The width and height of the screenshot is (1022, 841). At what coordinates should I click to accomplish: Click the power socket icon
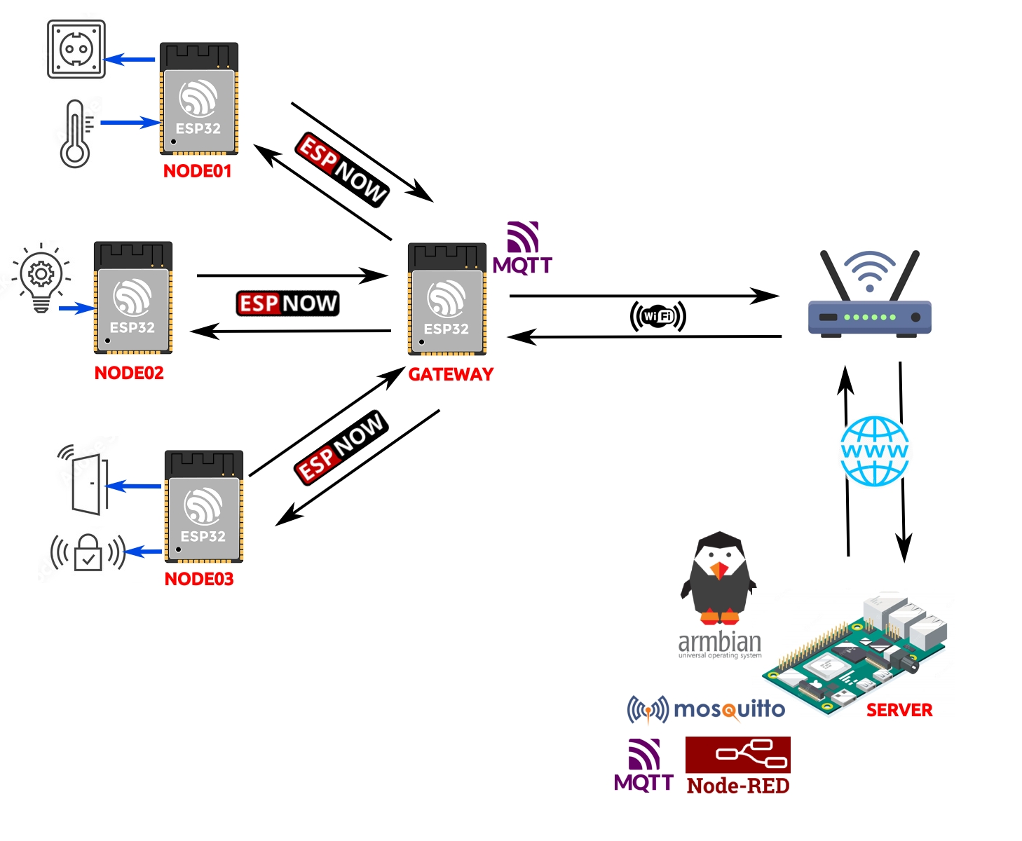(76, 49)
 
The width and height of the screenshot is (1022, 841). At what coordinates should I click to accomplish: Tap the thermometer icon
(76, 134)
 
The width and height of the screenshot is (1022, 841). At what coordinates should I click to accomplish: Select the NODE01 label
(197, 171)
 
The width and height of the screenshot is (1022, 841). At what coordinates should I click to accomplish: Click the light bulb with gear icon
(41, 278)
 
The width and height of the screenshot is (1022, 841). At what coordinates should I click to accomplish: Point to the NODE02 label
(129, 373)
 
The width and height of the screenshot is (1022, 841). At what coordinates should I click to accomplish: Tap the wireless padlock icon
(88, 552)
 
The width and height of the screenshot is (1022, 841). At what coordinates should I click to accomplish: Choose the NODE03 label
(199, 579)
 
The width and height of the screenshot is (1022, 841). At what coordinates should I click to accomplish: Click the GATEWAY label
(451, 374)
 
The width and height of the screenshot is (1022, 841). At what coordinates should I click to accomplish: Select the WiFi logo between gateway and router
(658, 316)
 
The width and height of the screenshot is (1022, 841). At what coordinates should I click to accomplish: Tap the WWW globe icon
(874, 451)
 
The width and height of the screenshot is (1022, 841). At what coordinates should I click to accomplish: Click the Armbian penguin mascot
(718, 578)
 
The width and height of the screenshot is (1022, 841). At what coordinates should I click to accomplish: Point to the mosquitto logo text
(729, 709)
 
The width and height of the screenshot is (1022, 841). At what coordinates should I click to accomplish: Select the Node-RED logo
(738, 766)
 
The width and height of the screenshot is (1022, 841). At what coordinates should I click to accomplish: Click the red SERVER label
(899, 710)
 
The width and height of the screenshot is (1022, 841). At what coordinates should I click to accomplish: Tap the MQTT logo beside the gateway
(522, 248)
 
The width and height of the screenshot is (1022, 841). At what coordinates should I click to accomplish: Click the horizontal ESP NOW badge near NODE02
(287, 303)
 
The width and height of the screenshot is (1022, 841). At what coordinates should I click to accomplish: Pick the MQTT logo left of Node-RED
(643, 765)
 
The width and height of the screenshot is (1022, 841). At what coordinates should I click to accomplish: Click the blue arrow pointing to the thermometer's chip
(130, 123)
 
